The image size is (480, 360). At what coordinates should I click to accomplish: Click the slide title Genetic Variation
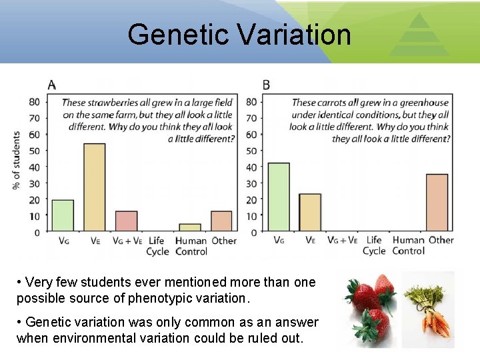(239, 34)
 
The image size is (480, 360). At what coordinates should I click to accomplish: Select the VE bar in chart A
(94, 187)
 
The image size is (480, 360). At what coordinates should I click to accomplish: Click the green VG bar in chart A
(63, 215)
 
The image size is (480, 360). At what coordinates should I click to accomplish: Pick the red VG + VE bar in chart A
(126, 221)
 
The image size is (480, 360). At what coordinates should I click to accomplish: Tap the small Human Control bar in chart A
(189, 228)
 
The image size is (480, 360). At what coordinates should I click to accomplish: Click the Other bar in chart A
(221, 221)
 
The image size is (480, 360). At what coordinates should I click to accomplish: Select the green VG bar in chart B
(278, 197)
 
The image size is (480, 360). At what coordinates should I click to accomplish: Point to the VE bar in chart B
(310, 213)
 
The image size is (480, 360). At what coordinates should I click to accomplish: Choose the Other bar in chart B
(437, 203)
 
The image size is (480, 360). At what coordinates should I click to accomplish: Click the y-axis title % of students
(17, 160)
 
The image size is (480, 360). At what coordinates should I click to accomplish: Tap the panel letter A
(52, 85)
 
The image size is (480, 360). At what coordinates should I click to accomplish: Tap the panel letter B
(267, 85)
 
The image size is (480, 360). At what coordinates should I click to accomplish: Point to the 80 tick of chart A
(35, 102)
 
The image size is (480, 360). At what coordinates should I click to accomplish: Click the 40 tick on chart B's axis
(252, 167)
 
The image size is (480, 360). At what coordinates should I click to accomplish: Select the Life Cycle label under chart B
(374, 245)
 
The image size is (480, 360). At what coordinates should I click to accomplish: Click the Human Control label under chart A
(191, 246)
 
